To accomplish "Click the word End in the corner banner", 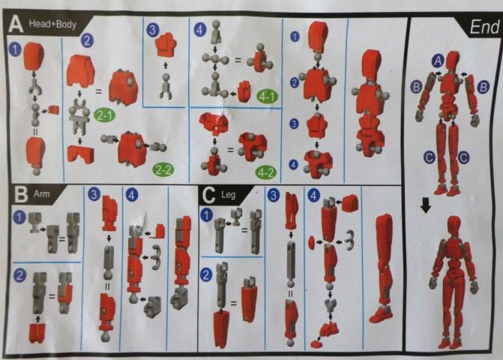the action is [484, 27].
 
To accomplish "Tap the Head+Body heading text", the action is [52, 24].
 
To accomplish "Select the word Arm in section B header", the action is [41, 194].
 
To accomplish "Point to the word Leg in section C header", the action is [228, 195].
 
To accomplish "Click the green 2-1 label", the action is [104, 115].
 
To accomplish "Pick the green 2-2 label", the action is [163, 169].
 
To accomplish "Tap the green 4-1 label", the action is [267, 96].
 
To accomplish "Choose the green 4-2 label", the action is [266, 173].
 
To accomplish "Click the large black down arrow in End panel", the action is [426, 205].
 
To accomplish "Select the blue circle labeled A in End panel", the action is [438, 61].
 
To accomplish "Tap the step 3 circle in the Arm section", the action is [94, 194].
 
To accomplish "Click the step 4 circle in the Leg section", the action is [313, 195].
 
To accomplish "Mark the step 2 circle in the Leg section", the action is [205, 274].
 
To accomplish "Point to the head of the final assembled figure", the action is [454, 226].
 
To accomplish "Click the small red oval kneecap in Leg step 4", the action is [312, 241].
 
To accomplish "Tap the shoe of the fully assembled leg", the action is [380, 314].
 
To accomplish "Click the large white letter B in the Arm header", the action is [21, 195].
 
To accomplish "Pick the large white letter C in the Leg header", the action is [208, 195].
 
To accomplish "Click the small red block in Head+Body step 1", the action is [54, 110].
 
